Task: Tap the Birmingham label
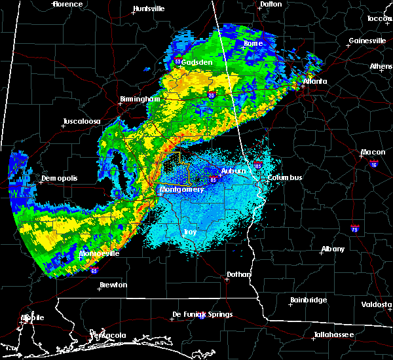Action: click(x=140, y=99)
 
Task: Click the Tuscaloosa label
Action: click(x=82, y=122)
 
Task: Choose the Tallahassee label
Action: click(x=332, y=334)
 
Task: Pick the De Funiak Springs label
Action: click(x=202, y=315)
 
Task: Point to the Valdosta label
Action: click(x=377, y=305)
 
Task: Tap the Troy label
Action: click(x=190, y=232)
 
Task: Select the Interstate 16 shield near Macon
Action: click(x=374, y=163)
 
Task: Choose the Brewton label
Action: click(x=113, y=285)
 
